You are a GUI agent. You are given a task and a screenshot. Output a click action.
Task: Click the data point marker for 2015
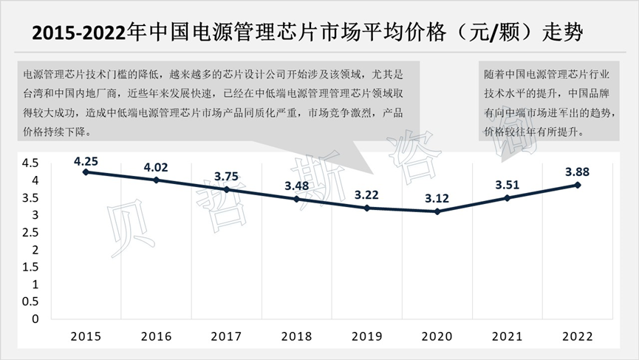coord(86,172)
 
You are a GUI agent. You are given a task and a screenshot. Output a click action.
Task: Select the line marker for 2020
coord(437,211)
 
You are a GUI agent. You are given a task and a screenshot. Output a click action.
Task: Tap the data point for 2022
coord(578,185)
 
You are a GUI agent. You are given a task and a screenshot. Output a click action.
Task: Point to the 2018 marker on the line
coord(297,199)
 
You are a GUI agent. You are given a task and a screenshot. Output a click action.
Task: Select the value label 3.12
coord(437,197)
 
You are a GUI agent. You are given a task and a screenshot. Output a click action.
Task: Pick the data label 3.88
coord(578,171)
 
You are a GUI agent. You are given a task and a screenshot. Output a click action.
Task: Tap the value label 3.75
coord(227,176)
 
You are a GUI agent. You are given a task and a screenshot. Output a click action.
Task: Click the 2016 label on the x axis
coord(157,336)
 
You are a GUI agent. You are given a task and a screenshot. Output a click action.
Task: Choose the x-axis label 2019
coord(367,336)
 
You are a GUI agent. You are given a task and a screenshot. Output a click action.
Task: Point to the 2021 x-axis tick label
coord(508,336)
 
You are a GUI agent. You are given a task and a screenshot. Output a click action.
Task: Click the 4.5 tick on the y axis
coord(30,163)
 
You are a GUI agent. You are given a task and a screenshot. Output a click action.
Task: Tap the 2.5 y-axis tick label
coord(30,233)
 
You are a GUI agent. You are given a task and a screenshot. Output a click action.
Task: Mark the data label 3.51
coord(508,184)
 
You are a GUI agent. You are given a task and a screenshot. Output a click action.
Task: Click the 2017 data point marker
coord(227,189)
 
